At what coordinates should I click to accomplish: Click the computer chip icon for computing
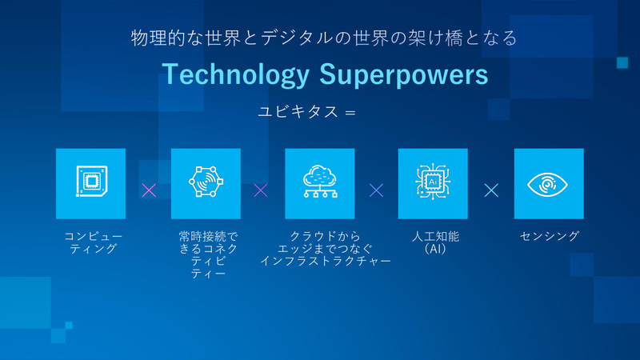click(90, 183)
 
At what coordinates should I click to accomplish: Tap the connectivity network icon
click(206, 183)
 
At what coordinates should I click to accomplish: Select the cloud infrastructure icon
click(319, 183)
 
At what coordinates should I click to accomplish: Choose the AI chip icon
click(433, 183)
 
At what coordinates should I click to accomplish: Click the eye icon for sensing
click(548, 183)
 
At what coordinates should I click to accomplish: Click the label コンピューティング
click(90, 242)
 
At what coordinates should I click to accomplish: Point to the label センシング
click(549, 236)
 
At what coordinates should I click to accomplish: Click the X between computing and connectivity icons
click(148, 190)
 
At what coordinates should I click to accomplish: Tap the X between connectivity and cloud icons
click(261, 190)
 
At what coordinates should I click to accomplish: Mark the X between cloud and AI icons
click(376, 190)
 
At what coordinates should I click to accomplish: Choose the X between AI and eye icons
click(491, 190)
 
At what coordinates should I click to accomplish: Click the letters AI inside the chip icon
click(433, 182)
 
